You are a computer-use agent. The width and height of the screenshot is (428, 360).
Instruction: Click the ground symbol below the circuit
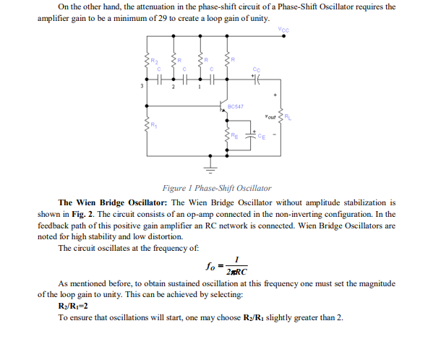[213, 171]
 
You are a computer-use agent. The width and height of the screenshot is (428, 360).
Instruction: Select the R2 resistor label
[153, 61]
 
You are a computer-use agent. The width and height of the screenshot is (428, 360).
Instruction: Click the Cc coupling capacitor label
[254, 69]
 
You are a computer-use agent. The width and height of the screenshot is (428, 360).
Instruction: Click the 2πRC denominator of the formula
[236, 272]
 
